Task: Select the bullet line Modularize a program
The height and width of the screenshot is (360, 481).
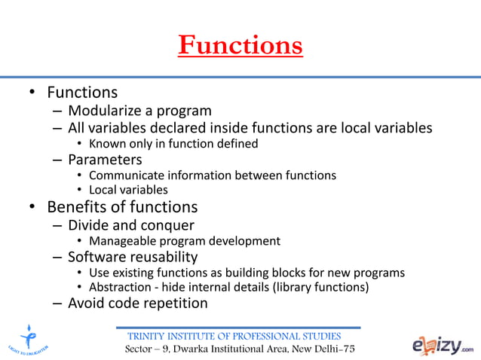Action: point(140,111)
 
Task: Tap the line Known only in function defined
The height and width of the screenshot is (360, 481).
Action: point(173,143)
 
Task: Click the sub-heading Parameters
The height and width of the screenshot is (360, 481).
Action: point(105,159)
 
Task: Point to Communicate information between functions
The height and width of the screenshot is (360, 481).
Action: point(212,175)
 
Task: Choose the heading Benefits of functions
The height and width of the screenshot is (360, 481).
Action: point(122,207)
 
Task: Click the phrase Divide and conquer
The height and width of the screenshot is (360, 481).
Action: point(130,224)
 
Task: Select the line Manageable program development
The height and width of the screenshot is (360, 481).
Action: point(184,241)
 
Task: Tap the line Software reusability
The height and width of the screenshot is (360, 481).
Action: point(133,256)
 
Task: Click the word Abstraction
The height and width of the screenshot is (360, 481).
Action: point(119,287)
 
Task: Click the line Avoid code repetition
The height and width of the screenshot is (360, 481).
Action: point(137,303)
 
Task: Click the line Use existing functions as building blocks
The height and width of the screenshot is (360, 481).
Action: point(247,272)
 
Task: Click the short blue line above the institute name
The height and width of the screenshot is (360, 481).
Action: point(237,328)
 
